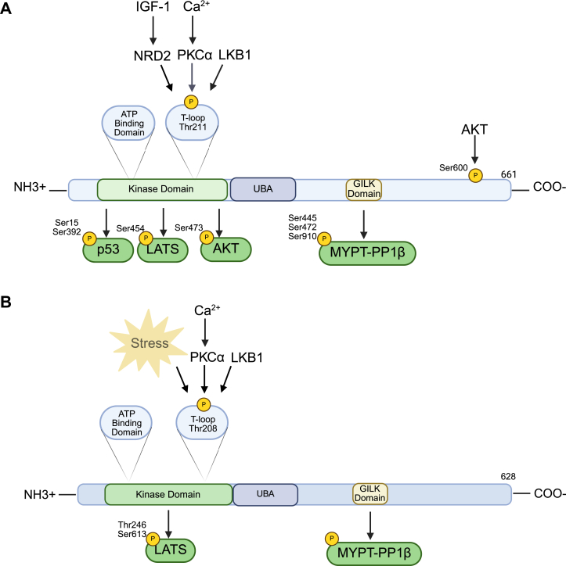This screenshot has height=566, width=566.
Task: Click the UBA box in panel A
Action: (x=262, y=190)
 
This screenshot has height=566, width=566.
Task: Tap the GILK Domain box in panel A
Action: (x=363, y=190)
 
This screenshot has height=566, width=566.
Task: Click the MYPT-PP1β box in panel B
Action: (x=368, y=553)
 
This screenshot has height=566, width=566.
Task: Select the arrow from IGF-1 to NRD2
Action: (x=153, y=31)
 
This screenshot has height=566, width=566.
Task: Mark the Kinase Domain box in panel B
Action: (x=168, y=495)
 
